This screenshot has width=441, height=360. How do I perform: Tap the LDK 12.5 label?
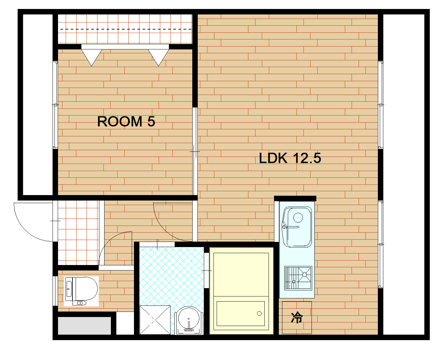(x=290, y=158)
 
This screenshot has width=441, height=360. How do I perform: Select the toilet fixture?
(x=81, y=291)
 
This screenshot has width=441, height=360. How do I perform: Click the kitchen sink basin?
(x=297, y=227)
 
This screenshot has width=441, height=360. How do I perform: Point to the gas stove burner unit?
(x=298, y=278)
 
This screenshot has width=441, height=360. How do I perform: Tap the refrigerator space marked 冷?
(x=297, y=318)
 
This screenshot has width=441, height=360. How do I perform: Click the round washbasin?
(x=189, y=320)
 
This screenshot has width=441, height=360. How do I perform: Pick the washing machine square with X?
(x=155, y=320)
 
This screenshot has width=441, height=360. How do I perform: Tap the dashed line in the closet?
(x=126, y=29)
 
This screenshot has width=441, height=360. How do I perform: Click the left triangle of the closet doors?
(x=92, y=57)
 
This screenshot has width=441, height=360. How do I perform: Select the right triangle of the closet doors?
(x=159, y=57)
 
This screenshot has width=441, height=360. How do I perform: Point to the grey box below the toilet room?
(x=84, y=326)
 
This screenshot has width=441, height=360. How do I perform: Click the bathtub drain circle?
(x=259, y=313)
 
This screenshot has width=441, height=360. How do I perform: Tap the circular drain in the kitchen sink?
(x=298, y=218)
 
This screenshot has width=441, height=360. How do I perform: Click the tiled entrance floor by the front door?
(x=79, y=233)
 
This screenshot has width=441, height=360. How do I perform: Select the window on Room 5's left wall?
(x=55, y=105)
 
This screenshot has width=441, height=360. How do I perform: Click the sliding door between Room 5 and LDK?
(x=195, y=151)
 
